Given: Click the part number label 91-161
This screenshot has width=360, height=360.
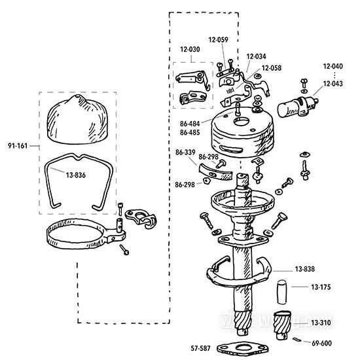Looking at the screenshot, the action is point(18,146).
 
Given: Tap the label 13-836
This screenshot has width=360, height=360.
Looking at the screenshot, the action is point(76,175).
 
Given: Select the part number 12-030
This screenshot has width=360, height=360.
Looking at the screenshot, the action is point(190,49).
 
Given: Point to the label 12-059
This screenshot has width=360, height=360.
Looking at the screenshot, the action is point(219,40).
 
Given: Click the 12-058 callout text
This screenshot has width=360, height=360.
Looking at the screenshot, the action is point(272,68).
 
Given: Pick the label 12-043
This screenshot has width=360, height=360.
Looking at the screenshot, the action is point(333,84).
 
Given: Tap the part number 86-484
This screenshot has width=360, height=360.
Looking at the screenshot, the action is point(190,124).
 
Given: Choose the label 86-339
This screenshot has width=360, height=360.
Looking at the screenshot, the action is point(185,153).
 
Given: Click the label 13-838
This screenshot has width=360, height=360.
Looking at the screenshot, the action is point(304,269).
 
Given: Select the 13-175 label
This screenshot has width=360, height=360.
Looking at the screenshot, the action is point(321,287).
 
